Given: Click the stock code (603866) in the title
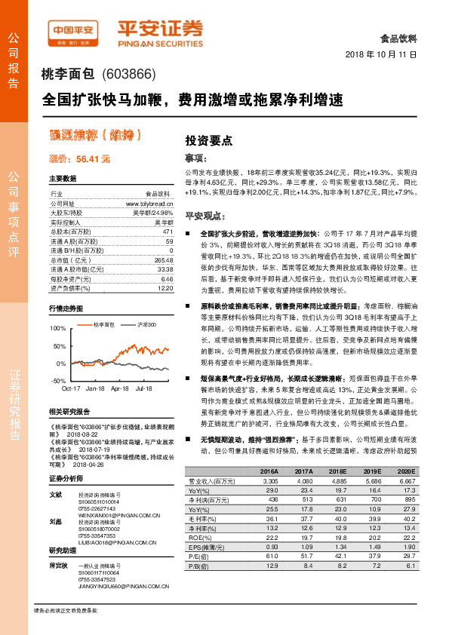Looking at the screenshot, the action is pyautogui.click(x=126, y=75).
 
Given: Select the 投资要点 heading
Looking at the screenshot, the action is pyautogui.click(x=208, y=140).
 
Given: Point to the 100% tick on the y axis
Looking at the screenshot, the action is pyautogui.click(x=57, y=330).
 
